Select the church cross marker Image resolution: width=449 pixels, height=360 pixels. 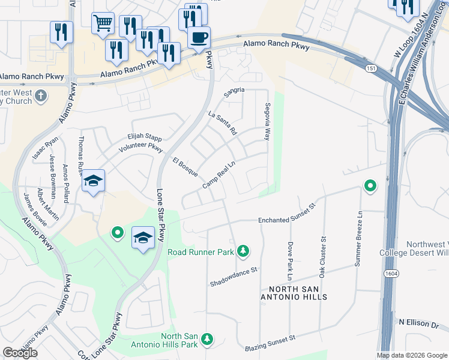(41, 95)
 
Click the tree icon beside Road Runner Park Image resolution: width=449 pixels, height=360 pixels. (243, 250)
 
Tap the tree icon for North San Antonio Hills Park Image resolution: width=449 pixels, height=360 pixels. (207, 340)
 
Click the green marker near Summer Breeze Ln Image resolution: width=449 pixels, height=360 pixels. (370, 186)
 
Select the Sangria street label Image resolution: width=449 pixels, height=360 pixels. (235, 91)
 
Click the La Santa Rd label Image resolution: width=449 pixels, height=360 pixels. (222, 122)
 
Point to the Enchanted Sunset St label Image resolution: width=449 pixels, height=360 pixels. (286, 221)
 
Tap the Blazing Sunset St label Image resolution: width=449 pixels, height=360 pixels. (270, 343)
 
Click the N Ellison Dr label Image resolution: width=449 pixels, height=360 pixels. (418, 323)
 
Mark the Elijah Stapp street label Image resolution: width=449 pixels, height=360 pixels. (145, 137)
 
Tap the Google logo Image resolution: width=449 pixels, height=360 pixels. (20, 353)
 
